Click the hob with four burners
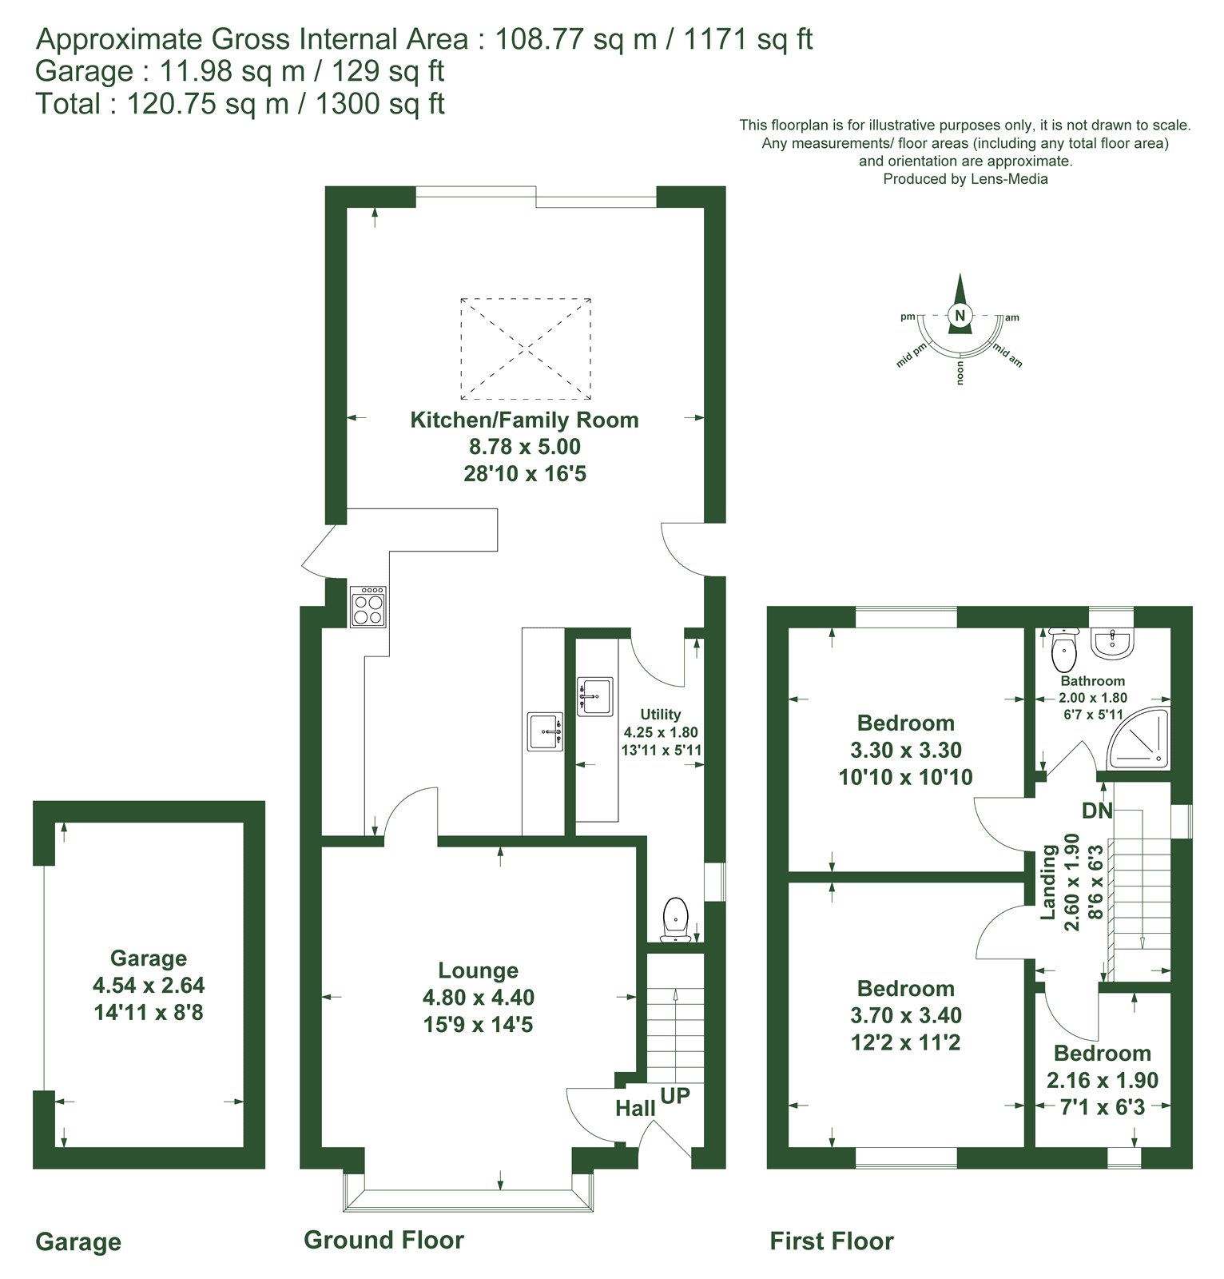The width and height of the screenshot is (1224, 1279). click(x=368, y=606)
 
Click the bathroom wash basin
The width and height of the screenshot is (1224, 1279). click(x=1111, y=643)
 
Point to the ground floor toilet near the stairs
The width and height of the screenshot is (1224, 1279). click(x=676, y=918)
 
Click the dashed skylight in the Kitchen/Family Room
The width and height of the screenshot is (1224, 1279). click(x=526, y=349)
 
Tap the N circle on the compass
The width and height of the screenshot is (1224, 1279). click(x=960, y=315)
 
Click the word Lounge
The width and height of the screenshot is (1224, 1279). click(x=478, y=970)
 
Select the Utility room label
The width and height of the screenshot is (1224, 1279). click(x=661, y=714)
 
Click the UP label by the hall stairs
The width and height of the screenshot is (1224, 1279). click(x=675, y=1095)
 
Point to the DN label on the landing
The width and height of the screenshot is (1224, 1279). click(x=1097, y=810)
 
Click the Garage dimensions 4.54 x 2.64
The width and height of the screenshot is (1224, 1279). click(x=149, y=985)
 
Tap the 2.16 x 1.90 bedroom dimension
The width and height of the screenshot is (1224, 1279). click(x=1103, y=1080)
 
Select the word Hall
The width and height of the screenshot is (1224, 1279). click(x=635, y=1108)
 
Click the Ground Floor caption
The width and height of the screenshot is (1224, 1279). click(x=383, y=1240)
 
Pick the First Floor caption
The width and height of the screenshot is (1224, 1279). click(x=832, y=1241)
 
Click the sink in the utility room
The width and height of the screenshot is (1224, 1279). click(x=595, y=696)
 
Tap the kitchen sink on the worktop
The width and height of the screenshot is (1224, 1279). click(x=546, y=731)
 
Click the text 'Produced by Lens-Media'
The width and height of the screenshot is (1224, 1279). click(x=965, y=179)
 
